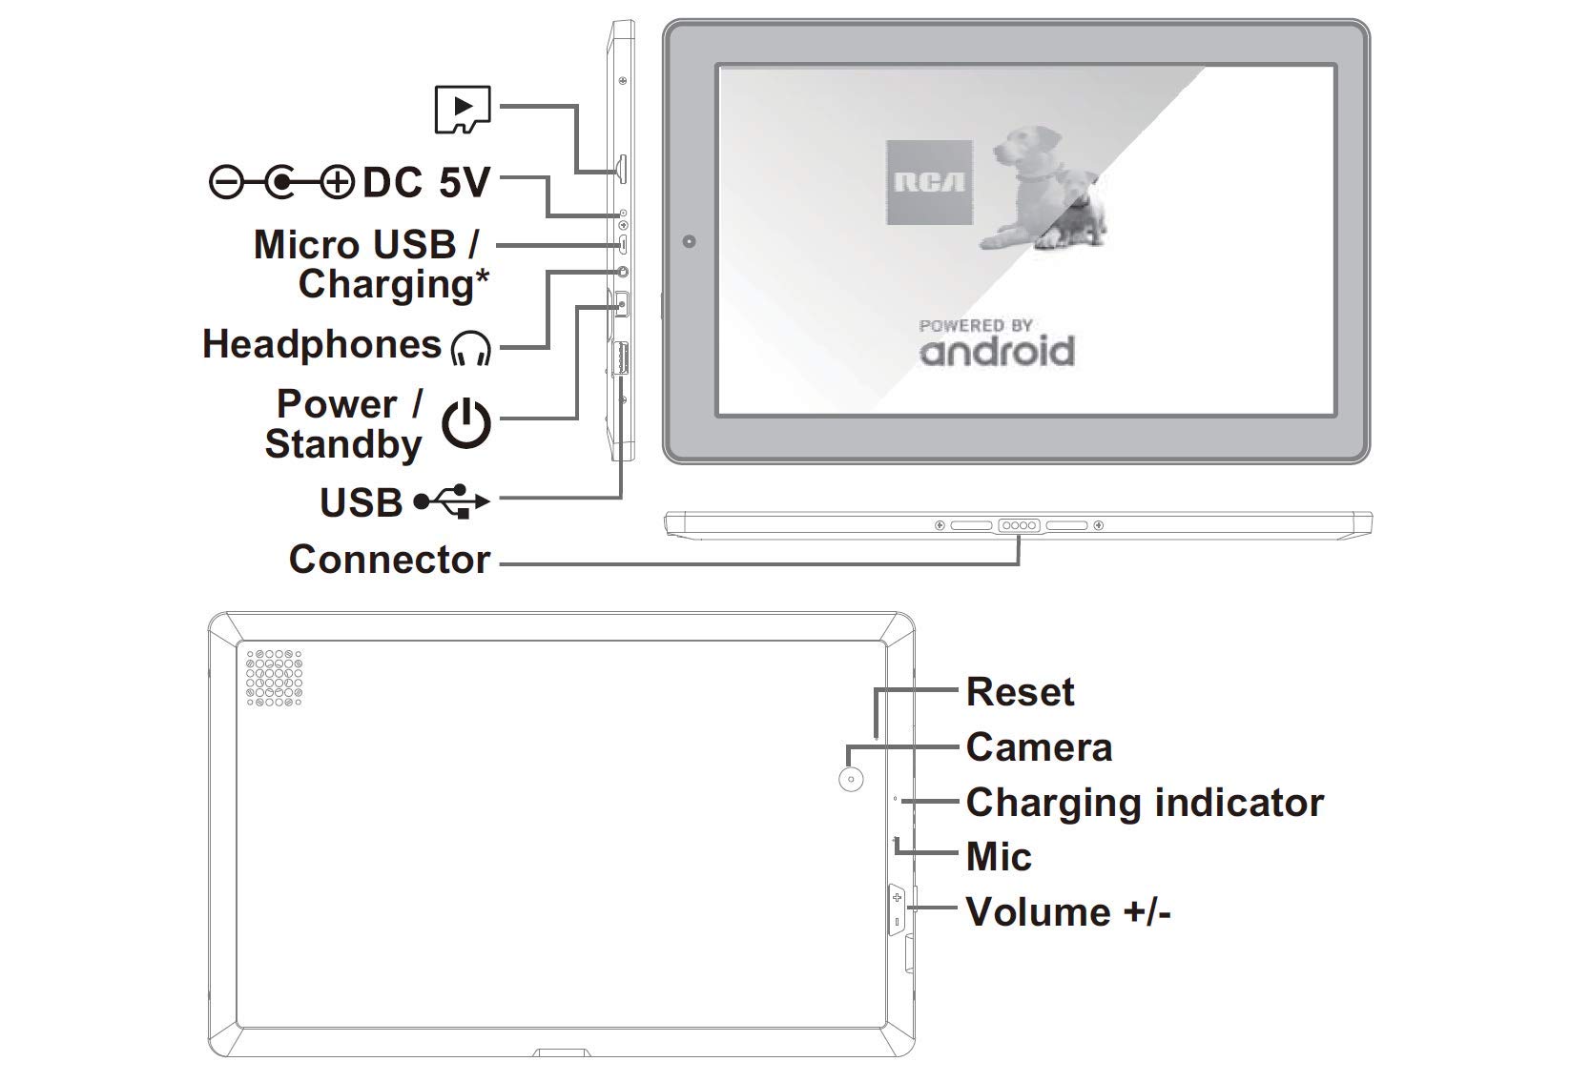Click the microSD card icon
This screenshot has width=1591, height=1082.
(463, 110)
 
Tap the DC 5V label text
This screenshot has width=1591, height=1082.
(426, 182)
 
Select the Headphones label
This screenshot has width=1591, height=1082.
(321, 344)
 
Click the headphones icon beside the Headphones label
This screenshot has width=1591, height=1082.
(470, 348)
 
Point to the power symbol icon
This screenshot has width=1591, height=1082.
(465, 424)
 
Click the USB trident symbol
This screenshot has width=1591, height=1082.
(452, 501)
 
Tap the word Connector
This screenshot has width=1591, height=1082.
(389, 560)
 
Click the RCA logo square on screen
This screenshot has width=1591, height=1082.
(929, 182)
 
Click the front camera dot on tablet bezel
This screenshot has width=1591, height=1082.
(689, 241)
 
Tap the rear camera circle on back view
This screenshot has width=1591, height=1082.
(851, 779)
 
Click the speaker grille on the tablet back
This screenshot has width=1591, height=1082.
(274, 677)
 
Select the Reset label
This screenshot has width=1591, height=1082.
(1020, 691)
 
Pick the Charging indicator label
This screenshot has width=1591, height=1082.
(1145, 803)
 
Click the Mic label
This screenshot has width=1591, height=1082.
(999, 856)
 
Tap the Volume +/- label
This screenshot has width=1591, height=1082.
(1068, 911)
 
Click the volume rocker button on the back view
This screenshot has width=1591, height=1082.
(897, 910)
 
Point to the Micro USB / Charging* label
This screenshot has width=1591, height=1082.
(371, 265)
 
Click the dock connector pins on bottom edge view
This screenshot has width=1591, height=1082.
(1019, 525)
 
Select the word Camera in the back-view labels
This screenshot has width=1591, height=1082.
(1039, 747)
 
